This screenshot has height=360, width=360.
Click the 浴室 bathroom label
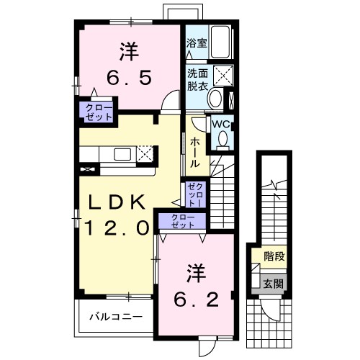pyautogui.click(x=197, y=43)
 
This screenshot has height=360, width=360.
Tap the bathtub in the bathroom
pyautogui.click(x=221, y=42)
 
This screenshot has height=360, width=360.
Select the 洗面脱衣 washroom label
pyautogui.click(x=197, y=79)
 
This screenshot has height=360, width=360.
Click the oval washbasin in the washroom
pyautogui.click(x=215, y=98)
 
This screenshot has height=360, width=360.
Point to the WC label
pyautogui.click(x=221, y=125)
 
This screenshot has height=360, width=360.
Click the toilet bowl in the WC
pyautogui.click(x=223, y=139)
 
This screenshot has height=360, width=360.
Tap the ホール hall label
pyautogui.click(x=195, y=153)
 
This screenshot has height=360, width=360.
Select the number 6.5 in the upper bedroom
pyautogui.click(x=129, y=78)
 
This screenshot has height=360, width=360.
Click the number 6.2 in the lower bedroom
pyautogui.click(x=197, y=300)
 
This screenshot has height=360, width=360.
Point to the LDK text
pyautogui.click(x=117, y=202)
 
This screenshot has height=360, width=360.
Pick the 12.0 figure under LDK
pyautogui.click(x=117, y=228)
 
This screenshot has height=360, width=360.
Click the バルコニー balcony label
pyautogui.click(x=116, y=317)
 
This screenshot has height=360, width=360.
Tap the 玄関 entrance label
pyautogui.click(x=274, y=284)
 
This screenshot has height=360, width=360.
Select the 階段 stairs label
pyautogui.click(x=274, y=256)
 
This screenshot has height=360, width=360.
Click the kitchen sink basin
pyautogui.click(x=122, y=154)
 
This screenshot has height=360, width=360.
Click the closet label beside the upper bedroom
pyautogui.click(x=99, y=112)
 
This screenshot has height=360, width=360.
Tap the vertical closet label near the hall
pyautogui.click(x=196, y=194)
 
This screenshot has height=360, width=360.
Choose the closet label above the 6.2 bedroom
pyautogui.click(x=183, y=221)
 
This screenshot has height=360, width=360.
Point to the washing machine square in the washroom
pyautogui.click(x=223, y=76)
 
